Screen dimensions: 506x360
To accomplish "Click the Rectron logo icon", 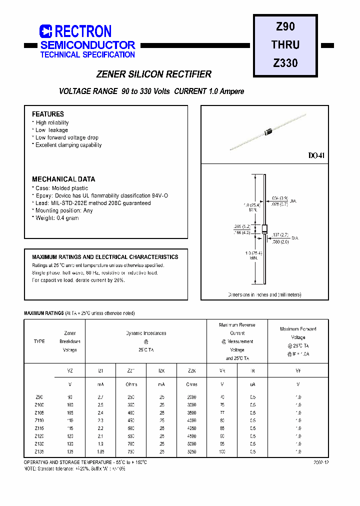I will [x=46, y=31].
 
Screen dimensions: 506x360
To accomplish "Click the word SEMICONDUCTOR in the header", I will [x=87, y=45].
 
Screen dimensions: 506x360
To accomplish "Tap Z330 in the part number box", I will [x=285, y=63].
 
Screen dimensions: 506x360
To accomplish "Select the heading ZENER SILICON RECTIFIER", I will [x=153, y=74].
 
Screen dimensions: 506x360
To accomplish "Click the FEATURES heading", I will [x=48, y=114].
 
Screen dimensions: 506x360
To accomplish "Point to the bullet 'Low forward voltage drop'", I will [x=66, y=137].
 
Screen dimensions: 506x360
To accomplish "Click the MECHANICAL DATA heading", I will [x=63, y=179].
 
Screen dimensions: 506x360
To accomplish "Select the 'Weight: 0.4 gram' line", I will [x=56, y=218].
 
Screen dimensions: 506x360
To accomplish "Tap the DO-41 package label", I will [x=316, y=156].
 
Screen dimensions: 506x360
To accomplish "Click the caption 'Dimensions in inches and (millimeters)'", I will [x=264, y=294].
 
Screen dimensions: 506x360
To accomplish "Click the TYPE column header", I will [x=39, y=341].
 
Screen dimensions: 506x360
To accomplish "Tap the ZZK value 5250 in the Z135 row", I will [x=191, y=451].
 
